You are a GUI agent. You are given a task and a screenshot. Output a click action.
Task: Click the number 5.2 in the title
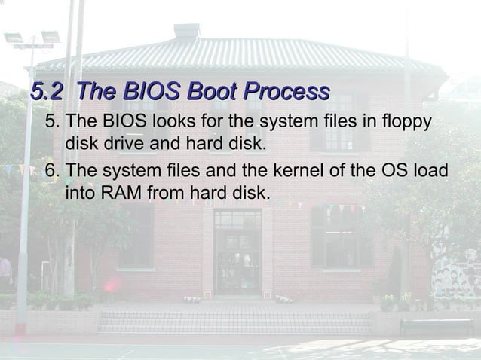click(x=46, y=93)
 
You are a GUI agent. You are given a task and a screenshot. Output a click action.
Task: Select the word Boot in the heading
click(x=212, y=93)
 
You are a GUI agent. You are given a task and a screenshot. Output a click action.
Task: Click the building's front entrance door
click(x=237, y=260)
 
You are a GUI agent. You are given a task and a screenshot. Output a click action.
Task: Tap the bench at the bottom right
click(x=437, y=326)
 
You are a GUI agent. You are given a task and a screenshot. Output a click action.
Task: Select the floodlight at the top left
click(x=31, y=37)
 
